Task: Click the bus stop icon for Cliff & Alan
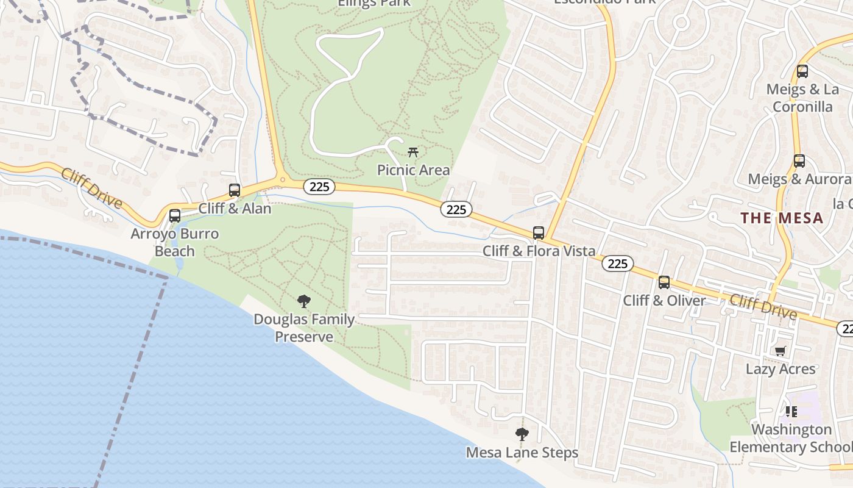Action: point(235,190)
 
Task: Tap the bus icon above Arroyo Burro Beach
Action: point(175,215)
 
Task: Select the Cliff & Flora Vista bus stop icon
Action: point(539,232)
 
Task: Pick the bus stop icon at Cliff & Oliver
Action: point(664,282)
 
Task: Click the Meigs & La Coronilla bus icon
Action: point(802,71)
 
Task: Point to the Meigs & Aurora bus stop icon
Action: point(799,162)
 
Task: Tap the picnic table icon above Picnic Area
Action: point(413,152)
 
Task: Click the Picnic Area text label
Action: point(413,170)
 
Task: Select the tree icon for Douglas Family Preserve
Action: point(303,301)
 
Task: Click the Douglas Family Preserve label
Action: point(304,328)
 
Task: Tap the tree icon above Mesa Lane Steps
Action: point(522,434)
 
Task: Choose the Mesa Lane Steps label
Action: point(522,453)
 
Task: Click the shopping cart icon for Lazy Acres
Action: point(780,351)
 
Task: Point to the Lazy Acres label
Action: point(780,369)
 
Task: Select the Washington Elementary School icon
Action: point(791,412)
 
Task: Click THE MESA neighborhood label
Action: point(782,218)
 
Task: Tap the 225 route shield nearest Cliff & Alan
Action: point(319,187)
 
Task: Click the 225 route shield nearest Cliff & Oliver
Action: point(618,264)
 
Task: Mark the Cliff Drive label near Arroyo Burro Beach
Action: point(91,188)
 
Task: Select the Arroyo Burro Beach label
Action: point(174,242)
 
